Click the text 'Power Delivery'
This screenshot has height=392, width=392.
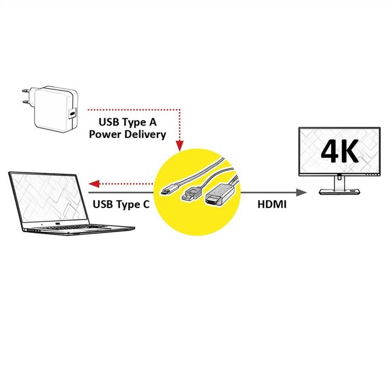point(127,134)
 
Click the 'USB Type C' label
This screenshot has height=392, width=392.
point(121,204)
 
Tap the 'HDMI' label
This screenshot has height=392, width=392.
point(272,204)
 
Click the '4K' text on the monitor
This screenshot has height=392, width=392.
point(340,152)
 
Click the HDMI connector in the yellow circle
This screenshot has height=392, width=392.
point(215,200)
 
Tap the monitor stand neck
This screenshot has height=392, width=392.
point(340,181)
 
